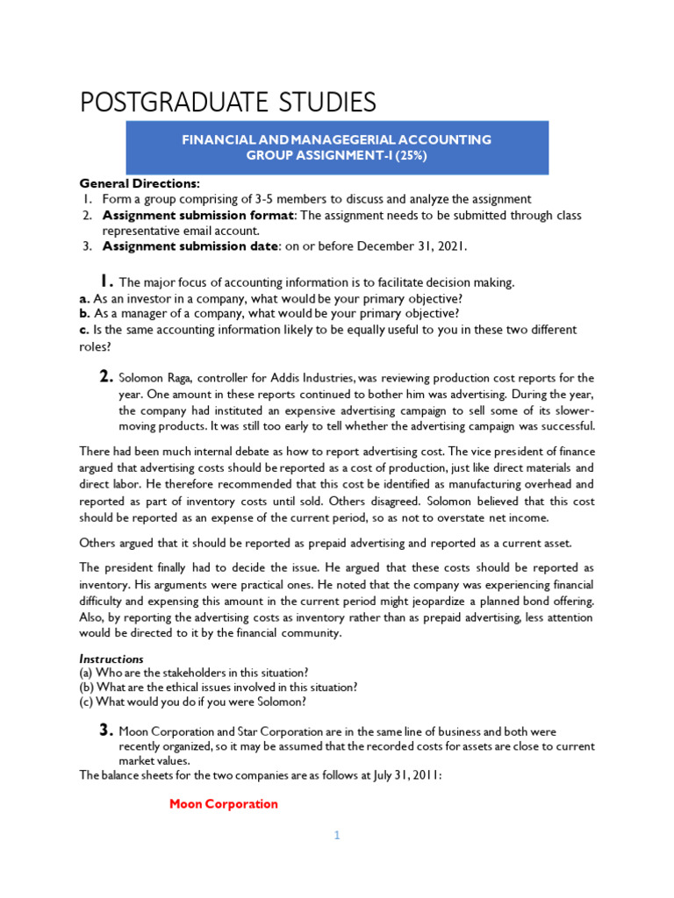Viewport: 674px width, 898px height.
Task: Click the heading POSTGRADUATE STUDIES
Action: (x=227, y=102)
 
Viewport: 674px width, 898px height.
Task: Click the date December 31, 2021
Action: (x=419, y=246)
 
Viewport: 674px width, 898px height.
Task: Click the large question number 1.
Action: (x=104, y=281)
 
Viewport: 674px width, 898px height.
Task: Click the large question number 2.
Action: (x=105, y=376)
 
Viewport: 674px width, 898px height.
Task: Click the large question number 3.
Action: (x=105, y=730)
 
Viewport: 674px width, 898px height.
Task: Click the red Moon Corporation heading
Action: (x=223, y=804)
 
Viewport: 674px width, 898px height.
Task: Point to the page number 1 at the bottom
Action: (x=336, y=836)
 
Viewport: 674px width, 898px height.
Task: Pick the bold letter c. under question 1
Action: (x=84, y=330)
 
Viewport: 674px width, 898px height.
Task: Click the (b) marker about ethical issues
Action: (x=87, y=687)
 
